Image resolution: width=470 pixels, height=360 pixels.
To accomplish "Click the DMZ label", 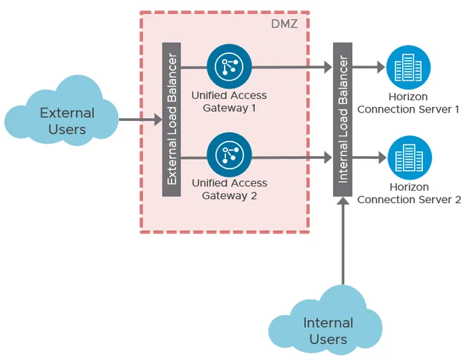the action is (284, 24).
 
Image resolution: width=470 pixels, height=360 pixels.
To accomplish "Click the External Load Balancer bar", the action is (171, 120).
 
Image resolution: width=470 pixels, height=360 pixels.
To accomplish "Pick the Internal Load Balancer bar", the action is (343, 120).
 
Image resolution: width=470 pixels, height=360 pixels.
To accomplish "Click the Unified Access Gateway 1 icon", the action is (229, 66).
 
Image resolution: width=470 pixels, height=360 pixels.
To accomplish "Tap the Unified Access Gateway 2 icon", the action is (229, 155).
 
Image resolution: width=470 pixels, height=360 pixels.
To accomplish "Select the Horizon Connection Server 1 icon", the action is (408, 67).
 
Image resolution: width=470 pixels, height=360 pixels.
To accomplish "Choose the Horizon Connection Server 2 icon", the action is (410, 158).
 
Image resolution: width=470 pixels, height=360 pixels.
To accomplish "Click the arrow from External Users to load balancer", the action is (140, 120).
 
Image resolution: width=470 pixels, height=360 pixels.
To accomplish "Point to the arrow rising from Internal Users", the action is (343, 240).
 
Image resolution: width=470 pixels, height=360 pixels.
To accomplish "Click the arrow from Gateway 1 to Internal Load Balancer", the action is (292, 67).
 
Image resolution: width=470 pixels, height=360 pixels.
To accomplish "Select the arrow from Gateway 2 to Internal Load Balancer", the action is (292, 158).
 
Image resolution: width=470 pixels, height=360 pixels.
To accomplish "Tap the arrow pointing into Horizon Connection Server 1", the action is (369, 67).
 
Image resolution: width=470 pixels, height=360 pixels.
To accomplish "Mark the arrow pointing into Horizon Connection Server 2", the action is (370, 158).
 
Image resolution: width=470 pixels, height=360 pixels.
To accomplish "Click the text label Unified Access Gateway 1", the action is (229, 102).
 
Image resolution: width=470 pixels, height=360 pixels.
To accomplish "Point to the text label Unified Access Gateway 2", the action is (229, 189).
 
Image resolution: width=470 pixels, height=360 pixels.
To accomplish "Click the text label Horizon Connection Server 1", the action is (408, 103).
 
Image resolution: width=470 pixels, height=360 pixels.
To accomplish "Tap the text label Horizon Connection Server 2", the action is (409, 193).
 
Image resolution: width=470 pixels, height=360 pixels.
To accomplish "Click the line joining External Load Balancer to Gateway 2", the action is (194, 158).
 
